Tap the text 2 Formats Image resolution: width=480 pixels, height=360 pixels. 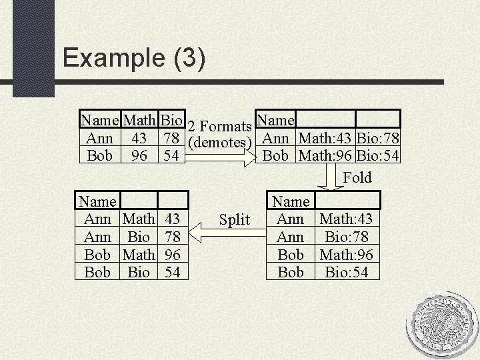(219, 126)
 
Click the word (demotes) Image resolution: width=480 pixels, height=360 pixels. (219, 142)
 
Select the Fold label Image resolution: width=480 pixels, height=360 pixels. (357, 177)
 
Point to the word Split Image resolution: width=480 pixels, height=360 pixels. (234, 220)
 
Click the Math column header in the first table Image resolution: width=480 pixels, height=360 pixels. (139, 120)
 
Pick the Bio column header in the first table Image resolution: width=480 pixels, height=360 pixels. (173, 120)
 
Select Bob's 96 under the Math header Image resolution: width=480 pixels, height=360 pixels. (139, 156)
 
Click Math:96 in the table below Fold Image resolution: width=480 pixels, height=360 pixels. (347, 255)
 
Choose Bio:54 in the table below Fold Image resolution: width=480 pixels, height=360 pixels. (347, 272)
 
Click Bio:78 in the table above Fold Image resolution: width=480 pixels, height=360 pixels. (379, 139)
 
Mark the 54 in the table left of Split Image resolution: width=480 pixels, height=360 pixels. (173, 272)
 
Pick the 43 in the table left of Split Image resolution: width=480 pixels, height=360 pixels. (173, 219)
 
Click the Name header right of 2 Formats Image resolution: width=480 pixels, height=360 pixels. (275, 119)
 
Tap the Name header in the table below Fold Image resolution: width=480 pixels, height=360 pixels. (291, 201)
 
